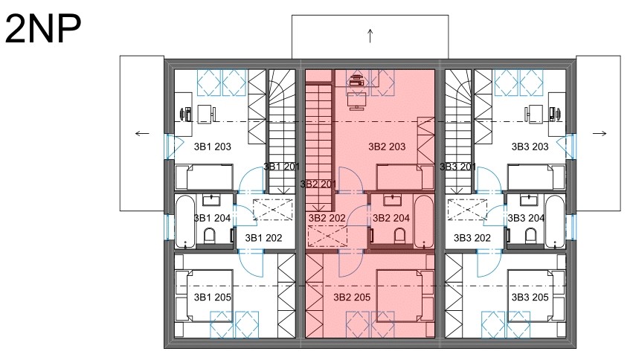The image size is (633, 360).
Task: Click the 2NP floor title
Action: tap(43, 29)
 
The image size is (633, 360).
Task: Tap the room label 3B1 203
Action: tap(212, 147)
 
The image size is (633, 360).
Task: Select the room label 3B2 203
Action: tap(387, 147)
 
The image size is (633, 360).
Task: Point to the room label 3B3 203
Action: tap(530, 147)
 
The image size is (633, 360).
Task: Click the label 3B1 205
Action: tap(212, 298)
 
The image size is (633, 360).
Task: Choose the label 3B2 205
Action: tap(352, 298)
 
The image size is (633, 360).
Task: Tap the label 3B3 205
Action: tap(530, 298)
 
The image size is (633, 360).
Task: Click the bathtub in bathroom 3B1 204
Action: tap(186, 221)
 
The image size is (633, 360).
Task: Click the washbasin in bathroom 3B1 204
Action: tap(211, 200)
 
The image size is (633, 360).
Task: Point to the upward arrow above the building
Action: tap(370, 36)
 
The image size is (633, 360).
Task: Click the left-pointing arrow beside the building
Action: tap(142, 134)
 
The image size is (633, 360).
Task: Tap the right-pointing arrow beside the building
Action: tap(600, 134)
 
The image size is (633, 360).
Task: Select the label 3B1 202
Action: tap(263, 238)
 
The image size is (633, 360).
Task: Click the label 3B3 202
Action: tap(472, 238)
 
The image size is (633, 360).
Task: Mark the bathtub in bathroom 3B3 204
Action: tap(554, 221)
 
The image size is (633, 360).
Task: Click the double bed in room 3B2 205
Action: tap(405, 296)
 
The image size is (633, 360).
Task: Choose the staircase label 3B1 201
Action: tap(282, 167)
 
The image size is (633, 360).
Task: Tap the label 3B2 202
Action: tap(327, 218)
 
